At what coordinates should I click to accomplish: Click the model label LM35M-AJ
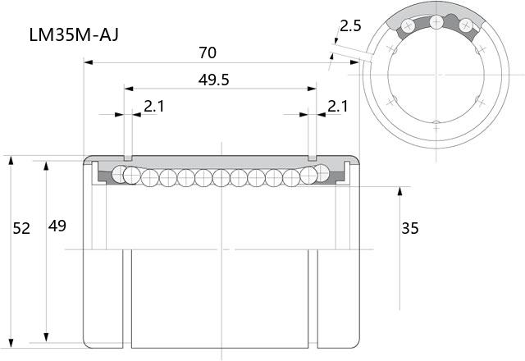[74, 34]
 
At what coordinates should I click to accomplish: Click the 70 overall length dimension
[208, 53]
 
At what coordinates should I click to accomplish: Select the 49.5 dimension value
[213, 80]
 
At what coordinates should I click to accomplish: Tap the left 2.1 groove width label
[154, 107]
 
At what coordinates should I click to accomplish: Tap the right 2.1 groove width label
[337, 107]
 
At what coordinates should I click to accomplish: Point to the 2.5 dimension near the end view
[350, 25]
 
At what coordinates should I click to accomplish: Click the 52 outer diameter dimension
[21, 228]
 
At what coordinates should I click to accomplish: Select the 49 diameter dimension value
[57, 226]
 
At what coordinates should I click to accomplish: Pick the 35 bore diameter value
[410, 228]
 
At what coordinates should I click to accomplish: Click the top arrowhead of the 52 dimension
[11, 160]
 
